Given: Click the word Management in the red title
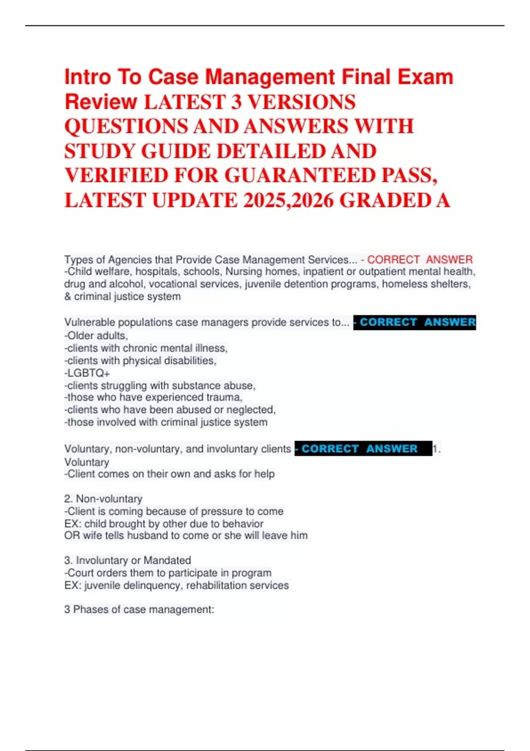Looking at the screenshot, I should tap(270, 77).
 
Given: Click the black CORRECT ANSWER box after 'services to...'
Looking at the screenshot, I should tap(415, 322).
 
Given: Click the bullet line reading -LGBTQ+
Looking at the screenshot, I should tap(87, 373).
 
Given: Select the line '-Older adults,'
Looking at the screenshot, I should tap(96, 336).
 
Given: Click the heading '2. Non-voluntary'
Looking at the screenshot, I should tap(103, 499).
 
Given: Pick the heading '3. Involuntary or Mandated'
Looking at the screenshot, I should tap(128, 560).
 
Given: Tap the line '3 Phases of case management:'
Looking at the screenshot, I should tap(139, 610).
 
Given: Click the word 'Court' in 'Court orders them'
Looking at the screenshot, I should tap(80, 573).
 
